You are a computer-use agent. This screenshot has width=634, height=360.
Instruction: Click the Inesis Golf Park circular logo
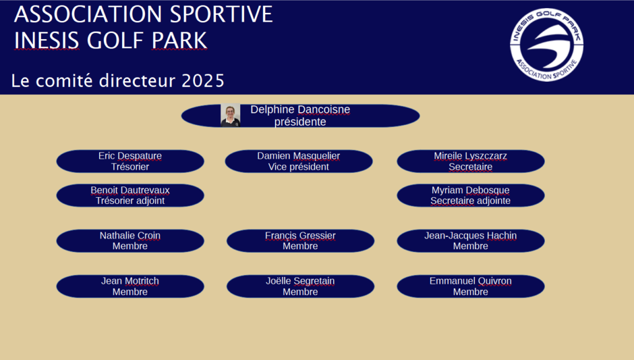547,45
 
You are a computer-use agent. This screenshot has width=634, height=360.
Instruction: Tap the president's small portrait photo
230,115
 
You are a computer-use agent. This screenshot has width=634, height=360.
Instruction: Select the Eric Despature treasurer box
130,161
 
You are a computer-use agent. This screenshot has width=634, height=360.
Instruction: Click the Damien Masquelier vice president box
299,161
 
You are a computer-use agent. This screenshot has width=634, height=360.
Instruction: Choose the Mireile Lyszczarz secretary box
471,161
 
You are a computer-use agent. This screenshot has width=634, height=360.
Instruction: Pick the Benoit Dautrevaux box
130,195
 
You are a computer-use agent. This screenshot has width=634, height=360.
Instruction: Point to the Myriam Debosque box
471,195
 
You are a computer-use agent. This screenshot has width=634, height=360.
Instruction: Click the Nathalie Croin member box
130,240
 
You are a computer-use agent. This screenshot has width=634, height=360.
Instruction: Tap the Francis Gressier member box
300,240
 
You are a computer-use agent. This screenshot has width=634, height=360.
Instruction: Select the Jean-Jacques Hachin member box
471,240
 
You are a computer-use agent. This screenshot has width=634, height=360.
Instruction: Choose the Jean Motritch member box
130,286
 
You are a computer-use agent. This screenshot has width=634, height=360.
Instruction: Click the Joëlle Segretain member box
300,286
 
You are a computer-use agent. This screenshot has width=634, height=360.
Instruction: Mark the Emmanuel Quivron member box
471,286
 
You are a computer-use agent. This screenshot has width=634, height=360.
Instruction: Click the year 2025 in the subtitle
202,81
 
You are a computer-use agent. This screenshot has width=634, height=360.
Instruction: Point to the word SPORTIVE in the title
221,14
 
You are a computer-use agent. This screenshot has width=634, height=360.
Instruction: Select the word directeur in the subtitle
138,81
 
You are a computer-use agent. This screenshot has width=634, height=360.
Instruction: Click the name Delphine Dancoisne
300,110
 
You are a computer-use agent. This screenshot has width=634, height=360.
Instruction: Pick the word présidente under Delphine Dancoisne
300,121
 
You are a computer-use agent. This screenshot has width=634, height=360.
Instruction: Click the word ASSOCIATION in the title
89,14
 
